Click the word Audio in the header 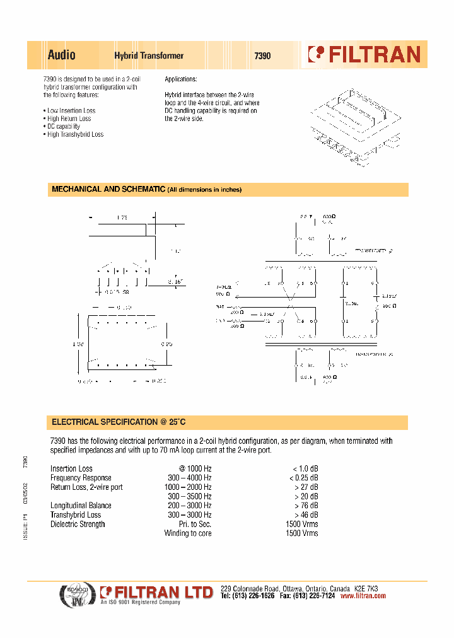62,55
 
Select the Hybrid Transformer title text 149,55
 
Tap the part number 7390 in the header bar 262,55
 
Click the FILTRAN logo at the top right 364,55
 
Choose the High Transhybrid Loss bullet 74,134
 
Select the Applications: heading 181,79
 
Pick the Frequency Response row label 81,478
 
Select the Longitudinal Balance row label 81,506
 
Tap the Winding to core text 188,533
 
